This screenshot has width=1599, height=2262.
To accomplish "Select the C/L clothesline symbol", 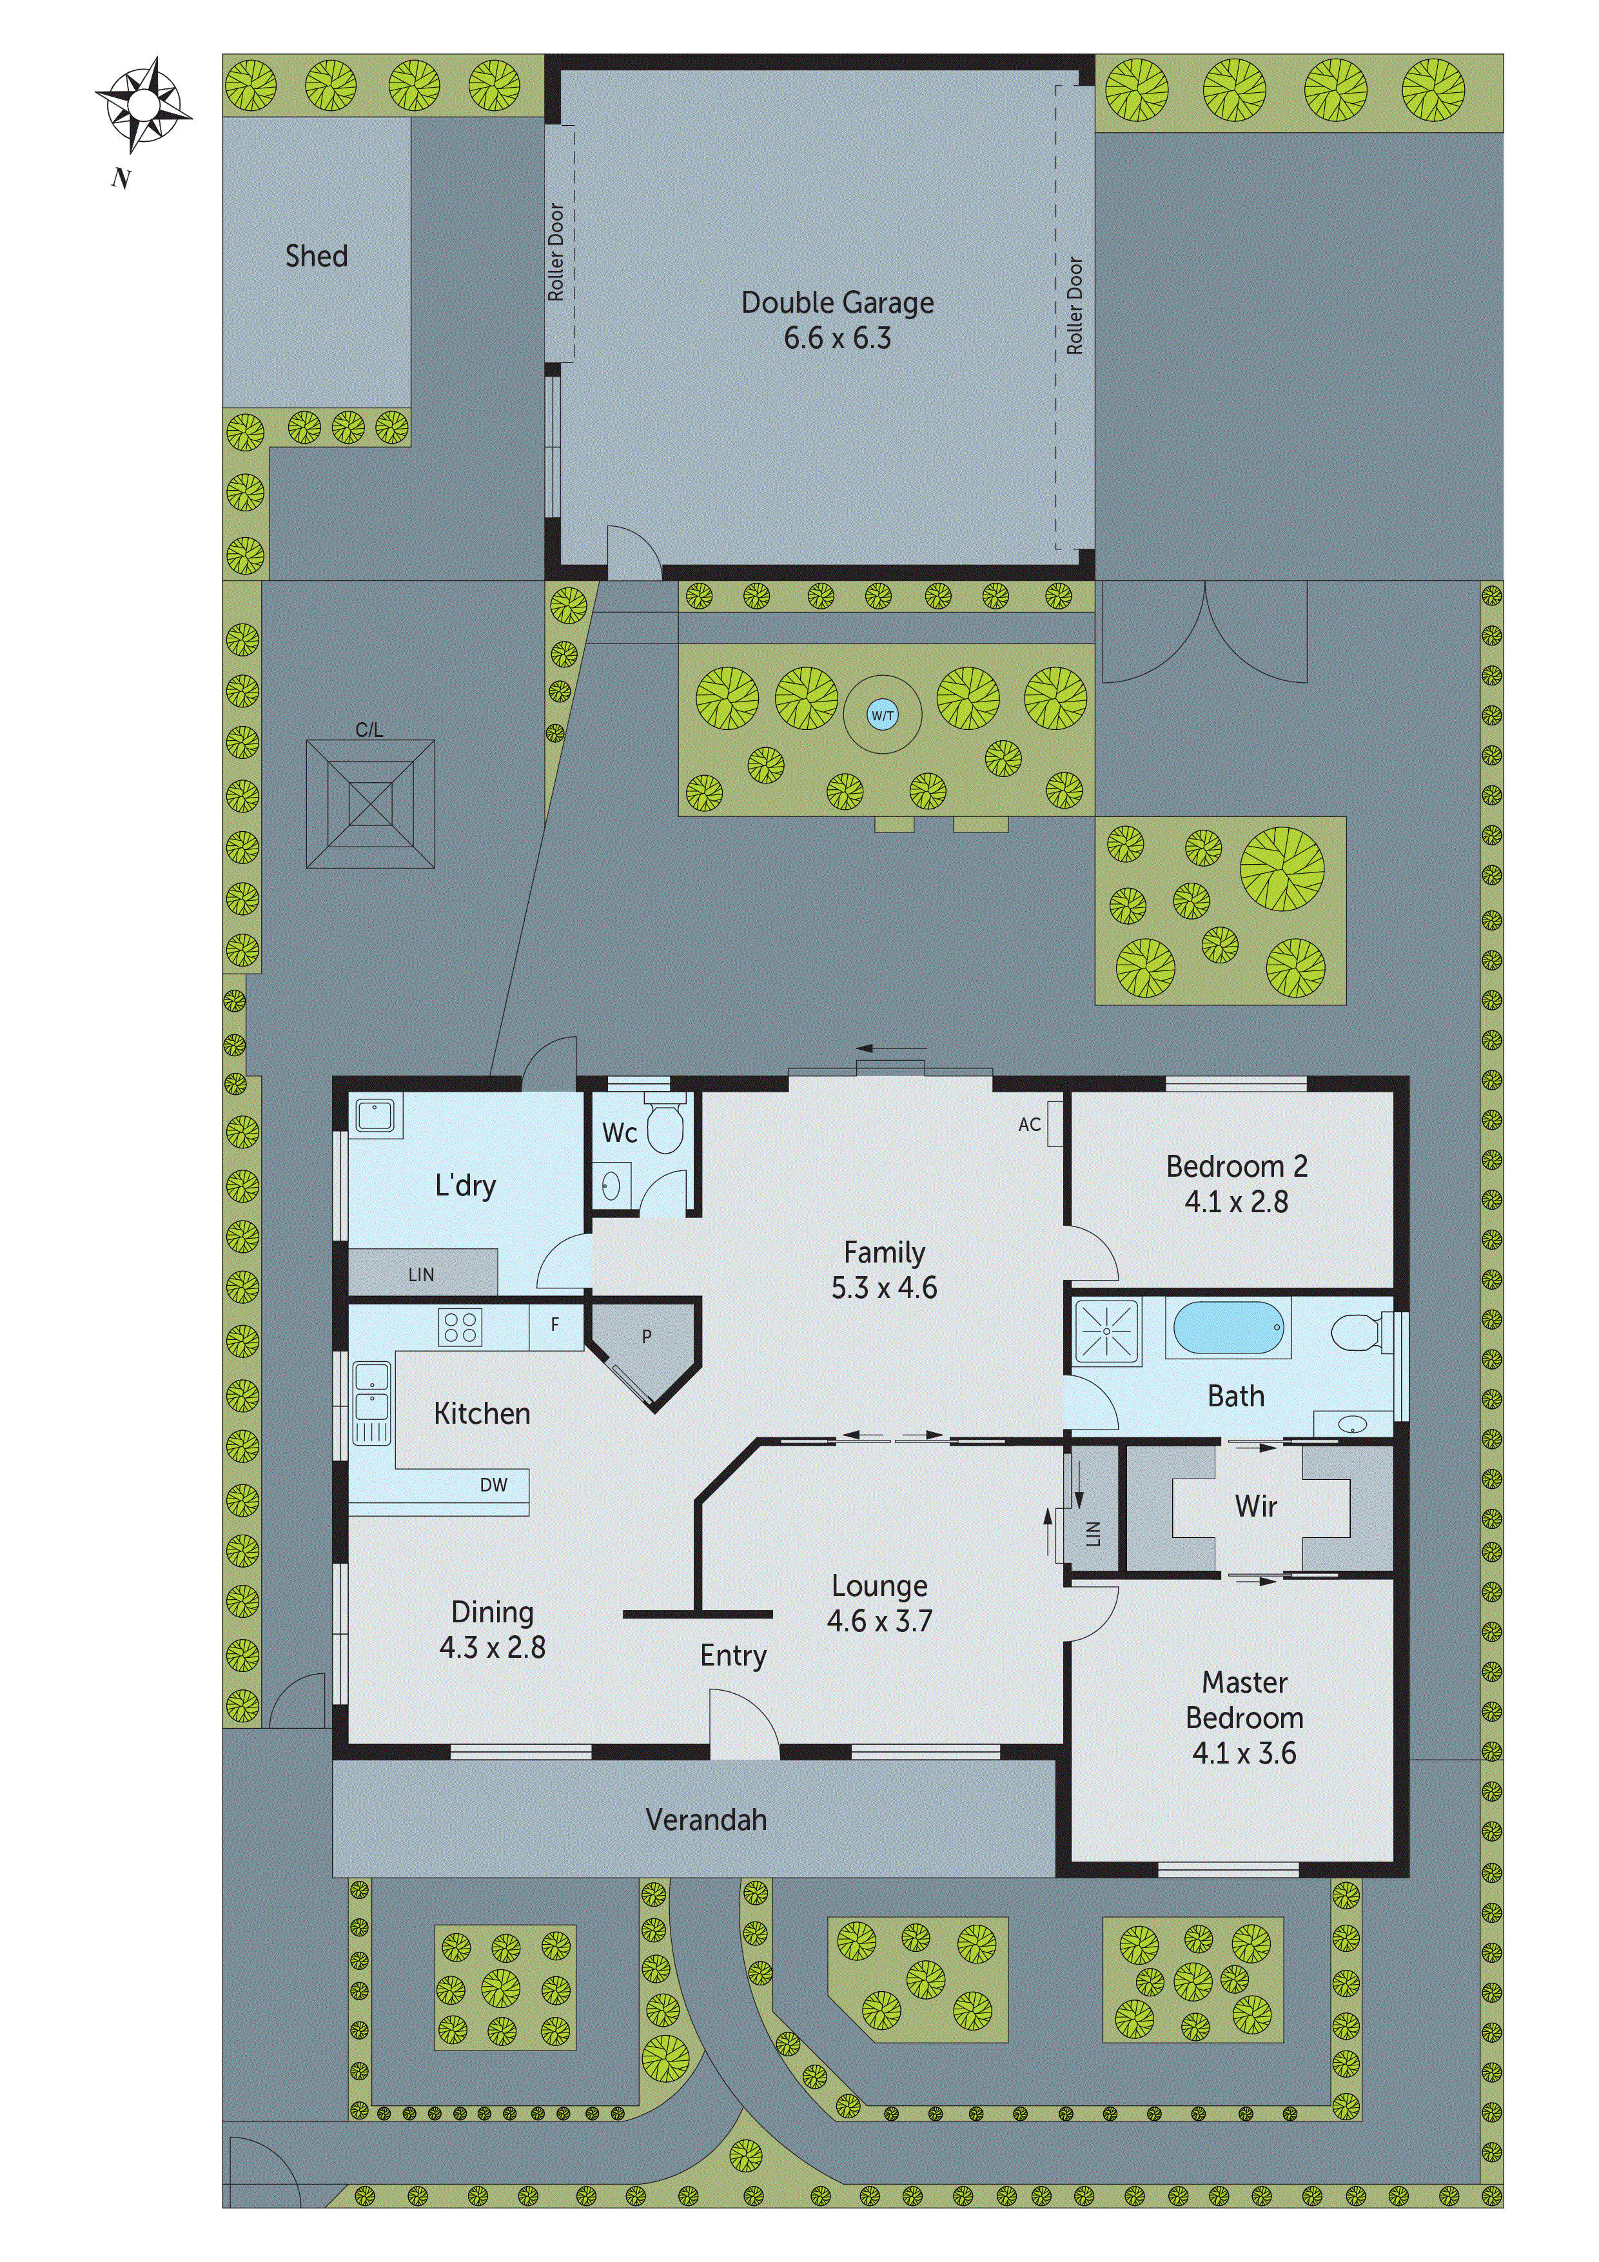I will pos(371,804).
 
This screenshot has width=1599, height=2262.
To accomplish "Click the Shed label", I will pos(316,256).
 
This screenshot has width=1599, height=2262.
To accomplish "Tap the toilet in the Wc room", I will pos(665,1128).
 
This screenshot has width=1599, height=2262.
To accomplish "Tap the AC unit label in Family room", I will pos(1030,1124).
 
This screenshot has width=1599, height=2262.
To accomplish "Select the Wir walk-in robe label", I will pos(1255,1506).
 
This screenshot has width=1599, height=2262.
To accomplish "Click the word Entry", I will pos(733,1656).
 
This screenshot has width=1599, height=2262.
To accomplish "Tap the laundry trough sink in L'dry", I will pos(375,1116).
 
